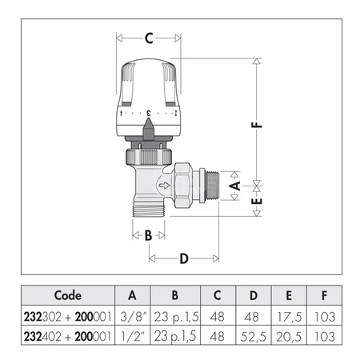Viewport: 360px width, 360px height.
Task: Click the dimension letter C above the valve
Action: tap(149, 38)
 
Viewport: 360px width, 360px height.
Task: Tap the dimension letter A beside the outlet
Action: tap(234, 185)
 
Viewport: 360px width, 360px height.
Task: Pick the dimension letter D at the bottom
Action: tap(184, 258)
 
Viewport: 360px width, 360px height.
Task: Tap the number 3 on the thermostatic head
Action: tap(149, 114)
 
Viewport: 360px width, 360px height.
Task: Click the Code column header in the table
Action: tap(70, 294)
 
